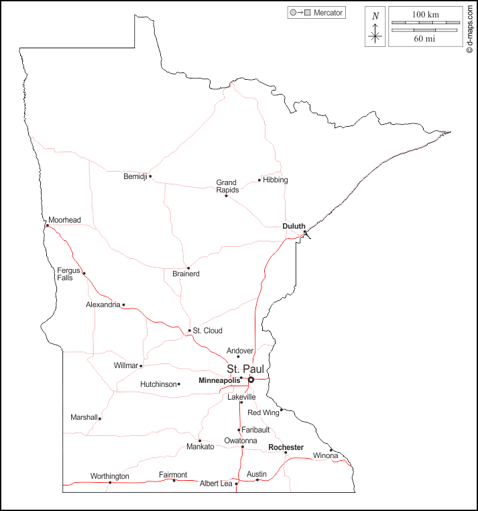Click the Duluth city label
click(294, 227)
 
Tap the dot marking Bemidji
click(150, 176)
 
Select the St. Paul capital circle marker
click(251, 380)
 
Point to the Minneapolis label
click(219, 380)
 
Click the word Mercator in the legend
click(328, 13)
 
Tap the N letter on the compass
click(375, 16)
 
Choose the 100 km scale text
click(425, 14)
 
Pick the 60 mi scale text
click(425, 39)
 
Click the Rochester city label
click(286, 447)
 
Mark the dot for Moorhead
click(47, 226)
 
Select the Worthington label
click(109, 476)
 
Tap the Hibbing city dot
click(259, 180)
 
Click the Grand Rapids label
click(227, 186)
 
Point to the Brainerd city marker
click(188, 268)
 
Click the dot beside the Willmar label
click(141, 366)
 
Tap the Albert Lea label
click(216, 484)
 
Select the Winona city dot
click(331, 450)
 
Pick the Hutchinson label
click(158, 384)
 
